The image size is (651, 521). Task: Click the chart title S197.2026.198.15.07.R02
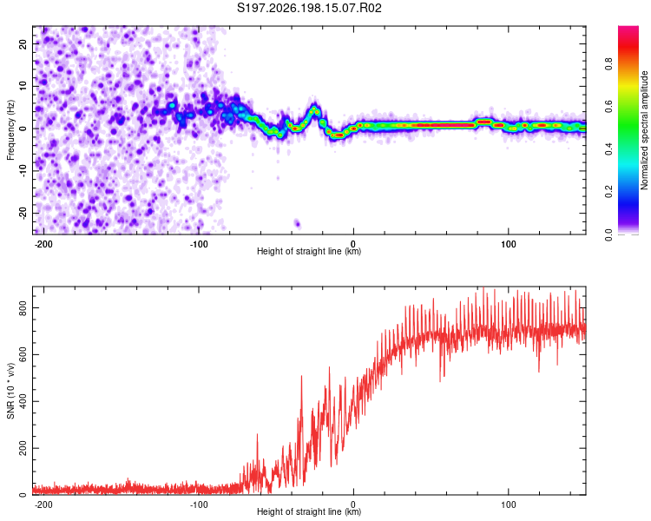pyautogui.click(x=309, y=8)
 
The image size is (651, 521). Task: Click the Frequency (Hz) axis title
pyautogui.click(x=10, y=130)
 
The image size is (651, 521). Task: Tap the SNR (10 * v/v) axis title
pyautogui.click(x=10, y=391)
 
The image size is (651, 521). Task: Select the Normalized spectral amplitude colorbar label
pyautogui.click(x=644, y=130)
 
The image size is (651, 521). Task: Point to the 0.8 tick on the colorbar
pyautogui.click(x=608, y=64)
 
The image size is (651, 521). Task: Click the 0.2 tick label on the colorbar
pyautogui.click(x=608, y=192)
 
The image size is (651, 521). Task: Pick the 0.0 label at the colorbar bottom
pyautogui.click(x=608, y=235)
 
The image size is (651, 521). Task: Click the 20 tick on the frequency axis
pyautogui.click(x=23, y=43)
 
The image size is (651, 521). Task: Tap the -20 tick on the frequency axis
pyautogui.click(x=23, y=213)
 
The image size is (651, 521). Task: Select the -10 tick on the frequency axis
pyautogui.click(x=23, y=171)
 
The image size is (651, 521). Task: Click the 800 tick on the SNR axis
pyautogui.click(x=23, y=308)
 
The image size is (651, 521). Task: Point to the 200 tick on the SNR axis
pyautogui.click(x=23, y=449)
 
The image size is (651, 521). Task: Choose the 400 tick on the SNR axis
pyautogui.click(x=23, y=402)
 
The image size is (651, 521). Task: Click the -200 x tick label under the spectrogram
pyautogui.click(x=43, y=244)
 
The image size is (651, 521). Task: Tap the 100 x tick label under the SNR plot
pyautogui.click(x=508, y=505)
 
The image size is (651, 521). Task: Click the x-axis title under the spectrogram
pyautogui.click(x=309, y=251)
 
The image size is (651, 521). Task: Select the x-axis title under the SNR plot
pyautogui.click(x=309, y=511)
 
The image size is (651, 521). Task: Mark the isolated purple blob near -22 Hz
pyautogui.click(x=297, y=223)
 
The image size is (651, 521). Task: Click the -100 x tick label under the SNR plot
pyautogui.click(x=199, y=505)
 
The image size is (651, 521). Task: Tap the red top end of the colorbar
pyautogui.click(x=628, y=29)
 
